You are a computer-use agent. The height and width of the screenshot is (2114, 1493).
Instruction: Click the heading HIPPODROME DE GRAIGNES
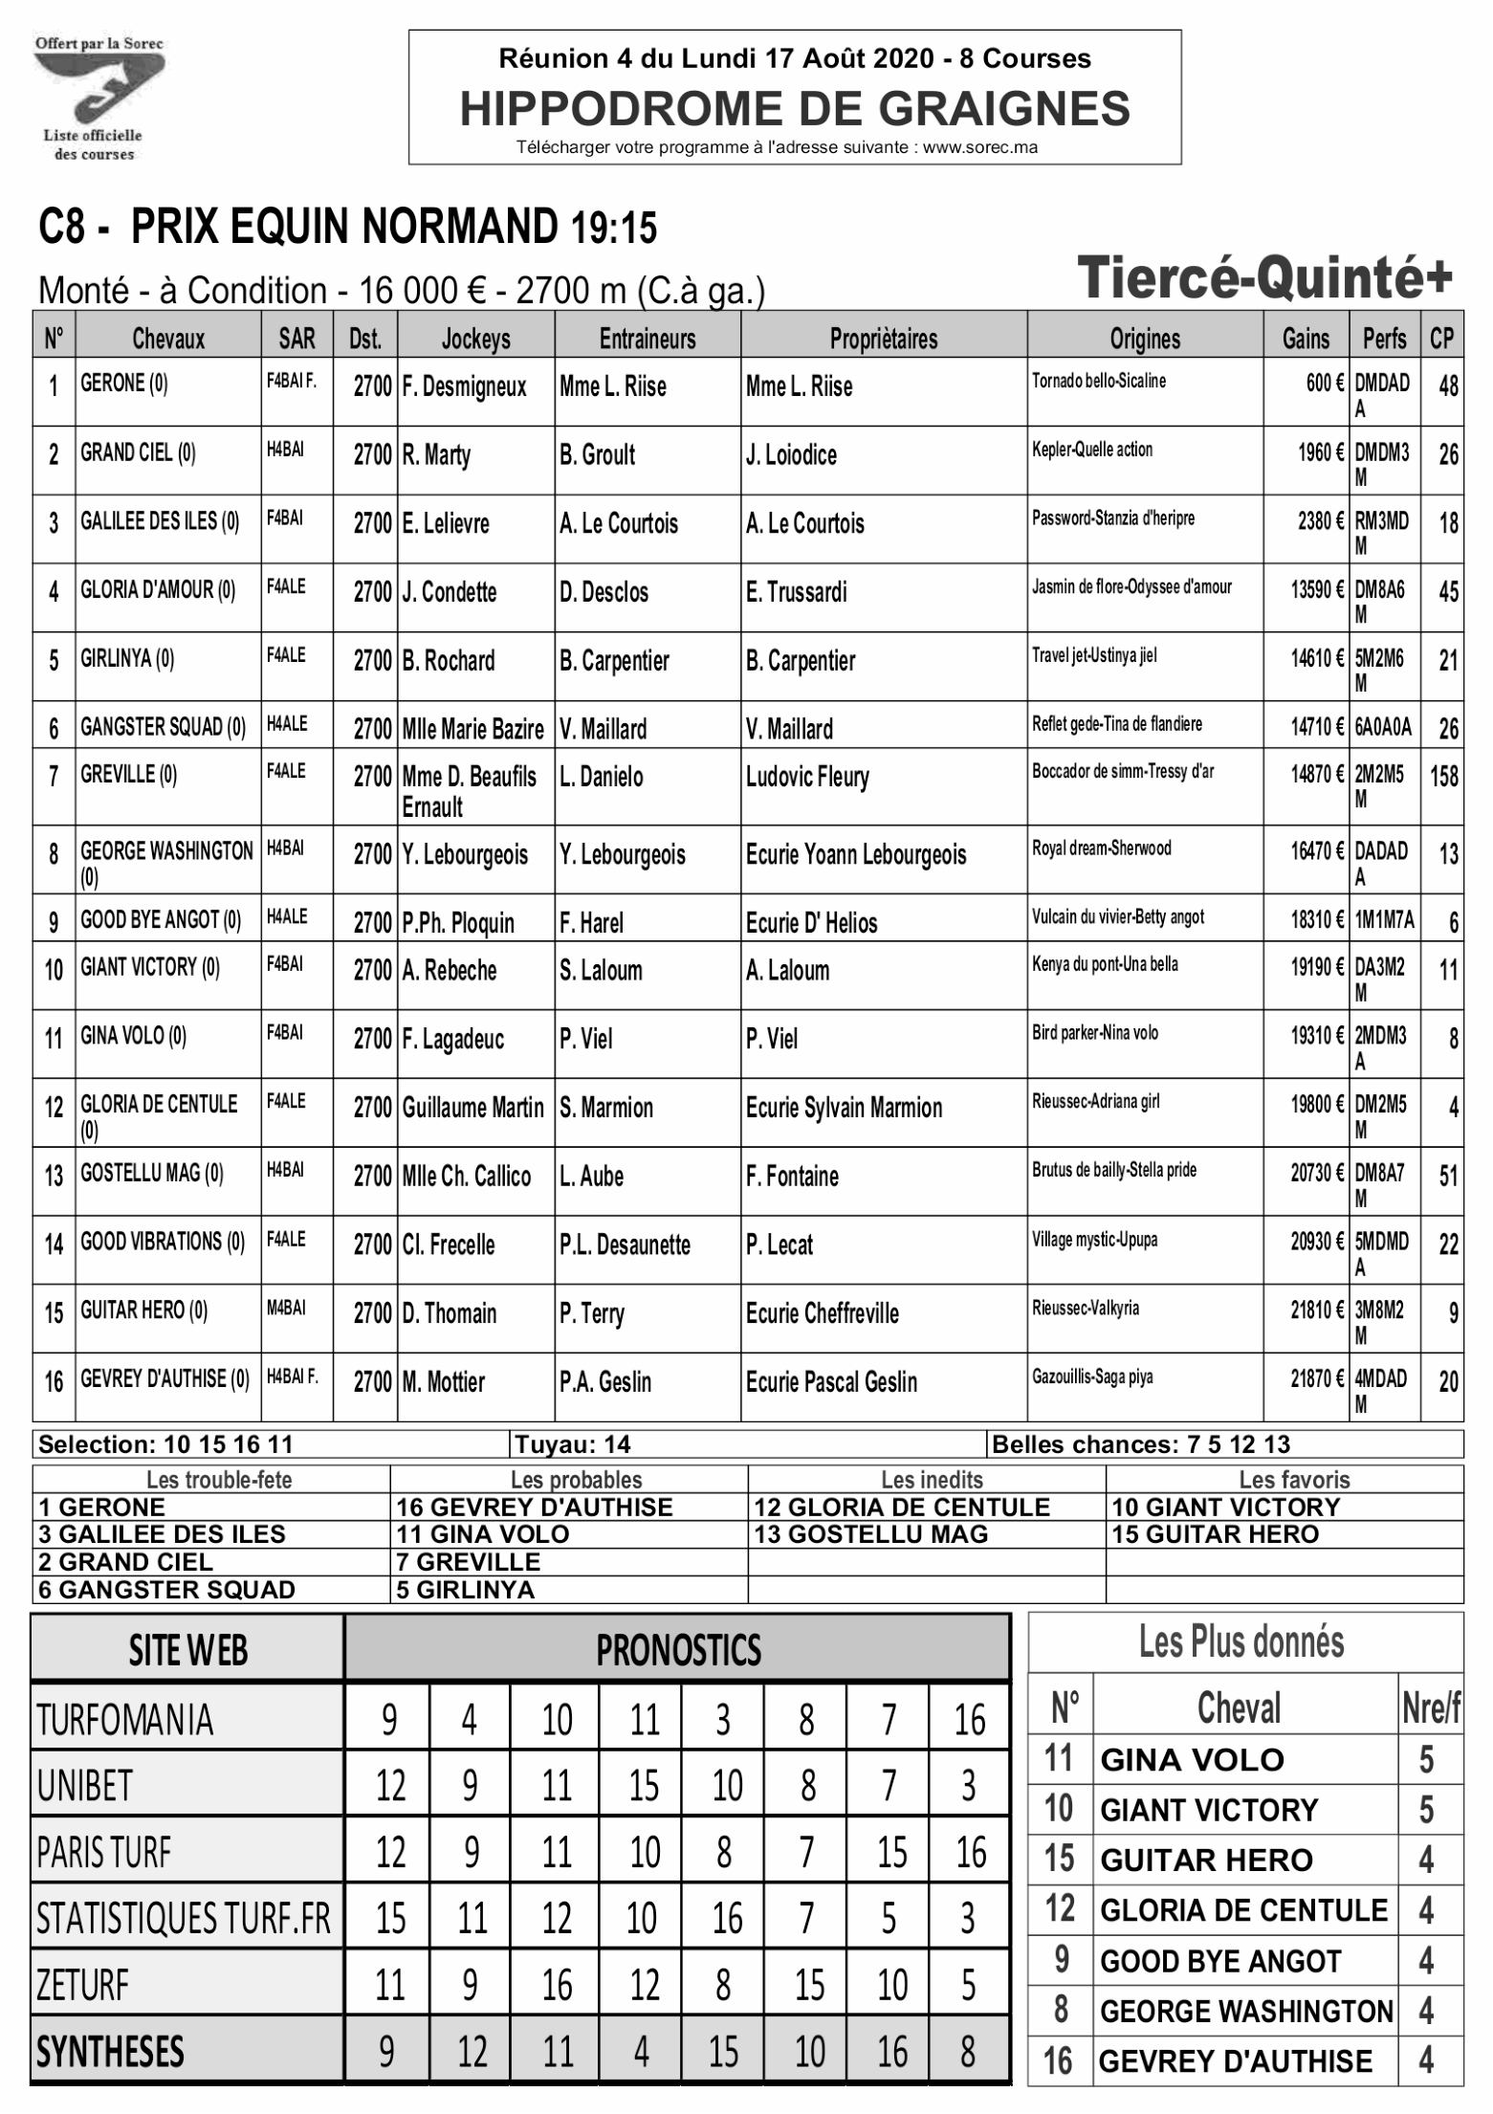[794, 108]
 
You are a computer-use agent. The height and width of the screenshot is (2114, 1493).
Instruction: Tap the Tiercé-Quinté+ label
[1264, 278]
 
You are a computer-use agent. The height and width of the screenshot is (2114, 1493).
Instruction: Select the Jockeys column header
[475, 339]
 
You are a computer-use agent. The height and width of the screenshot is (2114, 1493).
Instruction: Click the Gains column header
[1305, 339]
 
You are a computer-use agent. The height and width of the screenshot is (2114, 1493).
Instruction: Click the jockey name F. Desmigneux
[464, 386]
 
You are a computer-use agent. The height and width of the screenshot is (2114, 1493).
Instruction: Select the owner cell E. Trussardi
[796, 592]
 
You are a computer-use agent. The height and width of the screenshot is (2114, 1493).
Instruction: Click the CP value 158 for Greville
[1443, 775]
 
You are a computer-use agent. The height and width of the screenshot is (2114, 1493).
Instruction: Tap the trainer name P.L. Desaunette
[625, 1244]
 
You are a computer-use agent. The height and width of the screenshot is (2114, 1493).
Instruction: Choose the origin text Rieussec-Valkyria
[1085, 1308]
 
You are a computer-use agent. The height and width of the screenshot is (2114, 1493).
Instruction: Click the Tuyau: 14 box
[573, 1444]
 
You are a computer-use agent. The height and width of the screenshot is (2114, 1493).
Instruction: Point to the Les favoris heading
[1293, 1480]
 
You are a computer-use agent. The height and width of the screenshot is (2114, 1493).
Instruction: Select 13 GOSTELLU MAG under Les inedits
[870, 1534]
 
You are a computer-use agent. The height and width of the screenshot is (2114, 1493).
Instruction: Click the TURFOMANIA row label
[124, 1720]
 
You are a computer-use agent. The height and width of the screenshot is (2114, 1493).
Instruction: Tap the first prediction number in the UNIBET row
[389, 1785]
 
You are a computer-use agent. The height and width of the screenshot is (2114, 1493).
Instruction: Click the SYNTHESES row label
[110, 2052]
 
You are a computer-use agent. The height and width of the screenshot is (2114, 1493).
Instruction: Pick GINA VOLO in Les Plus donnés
[1192, 1760]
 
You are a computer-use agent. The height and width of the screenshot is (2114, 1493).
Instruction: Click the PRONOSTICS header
[678, 1650]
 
